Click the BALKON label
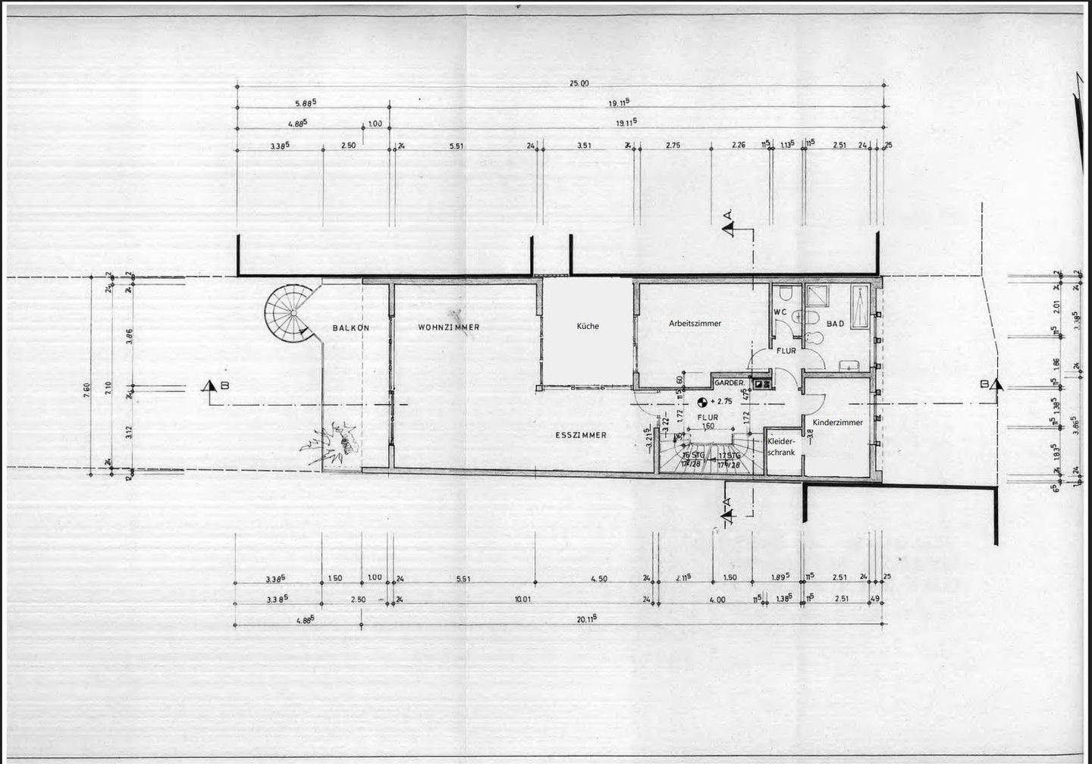(350, 327)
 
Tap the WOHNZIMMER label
(449, 327)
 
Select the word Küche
(588, 326)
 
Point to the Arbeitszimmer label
(695, 323)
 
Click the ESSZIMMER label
(581, 435)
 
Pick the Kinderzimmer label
(837, 422)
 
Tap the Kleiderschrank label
(781, 446)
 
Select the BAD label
(835, 324)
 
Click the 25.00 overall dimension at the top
(579, 83)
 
